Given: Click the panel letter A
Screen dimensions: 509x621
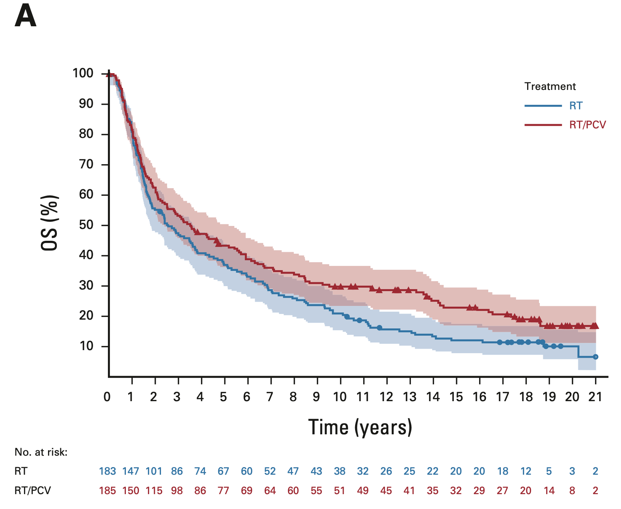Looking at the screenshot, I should pos(25,17).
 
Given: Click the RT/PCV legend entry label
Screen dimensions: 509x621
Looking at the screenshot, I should pos(587,125).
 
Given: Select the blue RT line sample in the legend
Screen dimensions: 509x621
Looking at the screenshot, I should pos(543,106).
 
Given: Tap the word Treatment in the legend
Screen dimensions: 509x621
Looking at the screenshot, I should pos(550,86).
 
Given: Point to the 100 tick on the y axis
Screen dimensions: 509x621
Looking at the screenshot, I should pos(83,73).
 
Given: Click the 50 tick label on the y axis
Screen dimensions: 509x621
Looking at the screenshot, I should pos(86,225).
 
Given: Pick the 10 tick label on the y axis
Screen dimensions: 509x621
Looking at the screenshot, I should pos(86,346).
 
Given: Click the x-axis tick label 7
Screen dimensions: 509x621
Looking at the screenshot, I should pos(270,397).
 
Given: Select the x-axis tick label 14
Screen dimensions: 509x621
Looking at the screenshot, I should pos(433,397).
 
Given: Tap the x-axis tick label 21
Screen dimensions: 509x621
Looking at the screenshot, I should pos(595,397).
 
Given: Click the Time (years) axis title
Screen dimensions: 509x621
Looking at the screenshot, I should pos(360,427).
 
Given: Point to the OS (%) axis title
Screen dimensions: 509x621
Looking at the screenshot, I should pos(50,223).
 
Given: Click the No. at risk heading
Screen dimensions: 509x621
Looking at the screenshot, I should pos(41,452).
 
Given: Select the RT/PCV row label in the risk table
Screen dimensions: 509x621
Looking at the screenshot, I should pos(32,490).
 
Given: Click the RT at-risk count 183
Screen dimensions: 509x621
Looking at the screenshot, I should pos(108,471).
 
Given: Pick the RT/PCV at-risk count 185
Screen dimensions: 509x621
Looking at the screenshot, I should pos(108,490).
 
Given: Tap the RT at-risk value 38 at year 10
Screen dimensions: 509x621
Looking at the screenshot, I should pos(339,471).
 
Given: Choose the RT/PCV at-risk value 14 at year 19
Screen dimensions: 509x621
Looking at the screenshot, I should pos(549,490).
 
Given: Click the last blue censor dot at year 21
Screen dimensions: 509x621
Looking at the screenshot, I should pos(595,357).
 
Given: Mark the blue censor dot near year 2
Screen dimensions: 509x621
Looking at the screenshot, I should pos(160,211).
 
